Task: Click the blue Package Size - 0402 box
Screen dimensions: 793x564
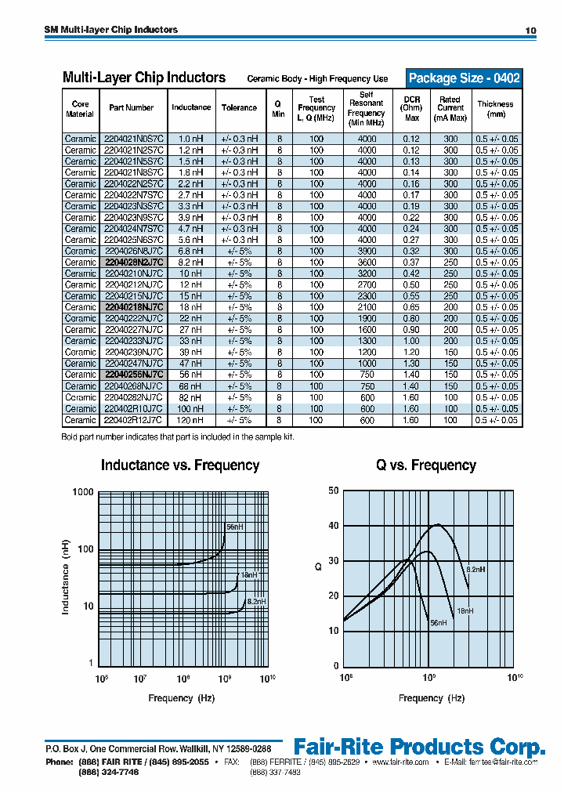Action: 464,78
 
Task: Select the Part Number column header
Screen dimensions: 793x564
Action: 131,108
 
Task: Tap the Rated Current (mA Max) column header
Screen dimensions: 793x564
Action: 450,109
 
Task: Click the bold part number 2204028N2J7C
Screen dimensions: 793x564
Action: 132,263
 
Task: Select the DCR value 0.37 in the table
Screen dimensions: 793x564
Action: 411,263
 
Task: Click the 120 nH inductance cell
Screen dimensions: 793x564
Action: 190,420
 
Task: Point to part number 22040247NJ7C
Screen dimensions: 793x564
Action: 132,364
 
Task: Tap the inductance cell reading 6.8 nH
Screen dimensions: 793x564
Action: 190,251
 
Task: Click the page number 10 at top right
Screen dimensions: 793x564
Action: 530,31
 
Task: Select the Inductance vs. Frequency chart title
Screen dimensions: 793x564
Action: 179,465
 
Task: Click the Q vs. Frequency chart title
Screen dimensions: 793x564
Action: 425,465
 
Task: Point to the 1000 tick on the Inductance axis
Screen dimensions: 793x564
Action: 84,492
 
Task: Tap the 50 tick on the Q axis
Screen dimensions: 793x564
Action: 334,491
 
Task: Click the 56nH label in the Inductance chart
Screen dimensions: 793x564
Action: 235,527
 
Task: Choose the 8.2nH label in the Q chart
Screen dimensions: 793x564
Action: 476,570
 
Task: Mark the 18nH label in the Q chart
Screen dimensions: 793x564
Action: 465,610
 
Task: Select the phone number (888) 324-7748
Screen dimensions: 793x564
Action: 109,773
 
